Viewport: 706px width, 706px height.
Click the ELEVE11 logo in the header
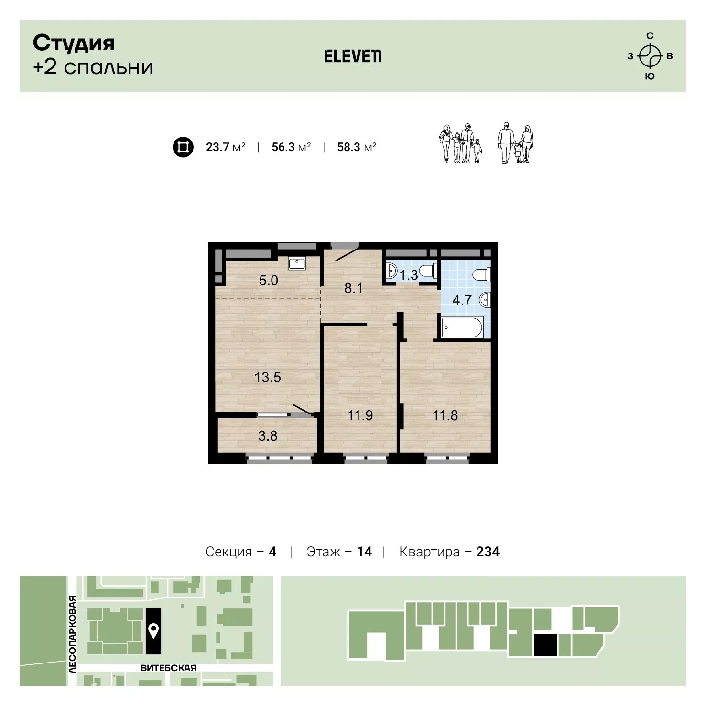click(x=353, y=56)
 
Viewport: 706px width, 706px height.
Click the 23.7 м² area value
click(x=226, y=147)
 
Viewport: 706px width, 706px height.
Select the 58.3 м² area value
click(x=357, y=147)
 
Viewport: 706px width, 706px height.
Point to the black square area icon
click(x=183, y=147)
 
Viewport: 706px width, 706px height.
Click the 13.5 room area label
click(x=268, y=378)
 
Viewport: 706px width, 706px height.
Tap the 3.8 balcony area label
click(x=268, y=435)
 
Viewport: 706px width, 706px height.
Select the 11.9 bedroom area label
click(x=360, y=415)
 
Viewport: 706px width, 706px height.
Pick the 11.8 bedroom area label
click(x=445, y=415)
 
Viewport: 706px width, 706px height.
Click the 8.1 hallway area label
click(x=354, y=288)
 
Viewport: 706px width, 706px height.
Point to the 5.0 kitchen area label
click(x=268, y=280)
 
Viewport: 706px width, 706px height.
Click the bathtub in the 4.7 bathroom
click(x=463, y=327)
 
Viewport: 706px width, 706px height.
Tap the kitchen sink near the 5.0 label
click(x=298, y=263)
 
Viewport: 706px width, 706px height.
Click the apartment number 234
click(x=488, y=552)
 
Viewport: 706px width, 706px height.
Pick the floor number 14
click(x=364, y=552)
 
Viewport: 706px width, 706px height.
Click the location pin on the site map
click(x=153, y=631)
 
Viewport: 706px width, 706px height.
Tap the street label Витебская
click(x=168, y=668)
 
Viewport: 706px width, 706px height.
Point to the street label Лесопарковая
click(x=72, y=634)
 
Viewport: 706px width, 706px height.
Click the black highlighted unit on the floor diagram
click(x=545, y=645)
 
